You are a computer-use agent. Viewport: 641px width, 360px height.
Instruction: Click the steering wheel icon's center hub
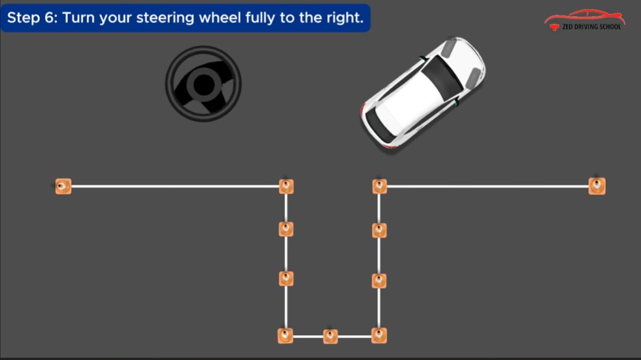203,84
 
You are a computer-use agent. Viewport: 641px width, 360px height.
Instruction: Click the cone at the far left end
63,187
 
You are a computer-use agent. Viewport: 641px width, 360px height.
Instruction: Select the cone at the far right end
596,186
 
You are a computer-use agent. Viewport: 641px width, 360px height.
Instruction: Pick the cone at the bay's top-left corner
286,187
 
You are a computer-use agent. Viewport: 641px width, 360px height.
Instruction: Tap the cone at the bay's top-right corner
380,187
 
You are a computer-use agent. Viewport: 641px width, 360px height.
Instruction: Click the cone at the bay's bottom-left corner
286,336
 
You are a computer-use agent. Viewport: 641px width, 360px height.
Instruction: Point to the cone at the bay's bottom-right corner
379,336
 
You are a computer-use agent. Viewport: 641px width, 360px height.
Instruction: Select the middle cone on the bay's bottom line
330,336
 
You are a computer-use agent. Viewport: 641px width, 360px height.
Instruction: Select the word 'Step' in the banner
24,18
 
